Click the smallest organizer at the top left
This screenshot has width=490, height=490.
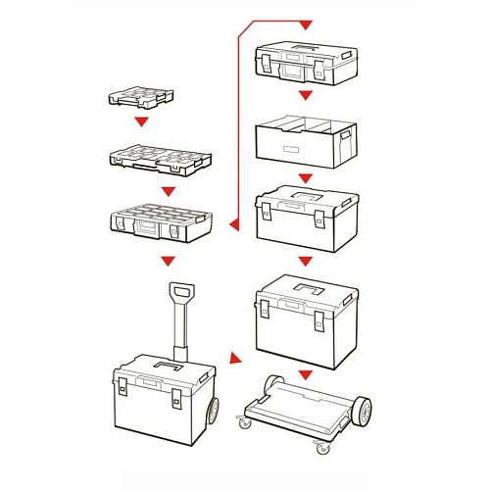point(142,97)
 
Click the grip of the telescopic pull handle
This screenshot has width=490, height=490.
point(180,291)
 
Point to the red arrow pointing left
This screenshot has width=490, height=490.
point(234,224)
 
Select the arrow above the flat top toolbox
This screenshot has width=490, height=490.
point(305,24)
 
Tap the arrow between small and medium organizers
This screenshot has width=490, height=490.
point(142,122)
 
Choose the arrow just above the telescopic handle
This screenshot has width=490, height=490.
point(169,261)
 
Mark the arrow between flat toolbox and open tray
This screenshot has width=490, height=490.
point(305,96)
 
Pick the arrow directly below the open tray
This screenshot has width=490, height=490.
point(305,178)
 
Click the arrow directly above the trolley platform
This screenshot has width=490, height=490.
point(305,375)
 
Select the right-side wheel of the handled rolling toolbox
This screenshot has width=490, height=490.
point(211,409)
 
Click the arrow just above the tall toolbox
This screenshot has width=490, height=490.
point(305,261)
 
